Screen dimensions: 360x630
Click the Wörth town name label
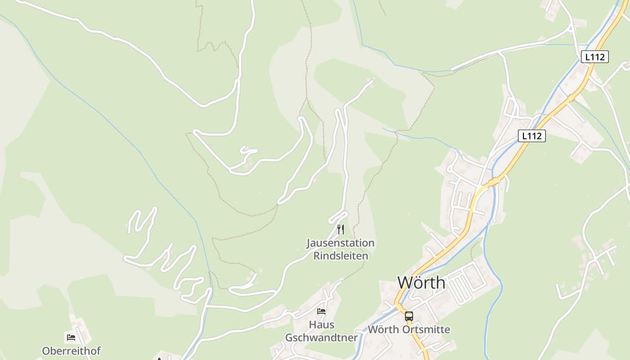click(x=421, y=283)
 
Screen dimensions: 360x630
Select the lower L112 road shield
click(x=531, y=136)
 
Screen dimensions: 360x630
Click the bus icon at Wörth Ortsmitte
click(x=409, y=316)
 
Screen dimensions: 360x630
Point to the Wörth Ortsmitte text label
click(x=409, y=329)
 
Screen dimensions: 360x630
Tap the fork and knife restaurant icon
click(x=341, y=229)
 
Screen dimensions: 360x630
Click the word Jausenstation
click(x=340, y=243)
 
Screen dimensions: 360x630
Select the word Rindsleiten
click(x=340, y=256)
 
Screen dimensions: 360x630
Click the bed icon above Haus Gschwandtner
click(x=321, y=311)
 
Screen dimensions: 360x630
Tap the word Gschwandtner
click(x=321, y=337)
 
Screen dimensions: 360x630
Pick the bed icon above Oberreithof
click(x=71, y=337)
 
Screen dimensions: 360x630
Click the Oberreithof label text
click(x=71, y=351)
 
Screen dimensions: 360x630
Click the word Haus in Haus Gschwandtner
click(x=321, y=324)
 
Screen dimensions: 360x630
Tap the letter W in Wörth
click(x=405, y=283)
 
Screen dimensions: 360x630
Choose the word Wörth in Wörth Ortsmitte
click(x=382, y=329)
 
